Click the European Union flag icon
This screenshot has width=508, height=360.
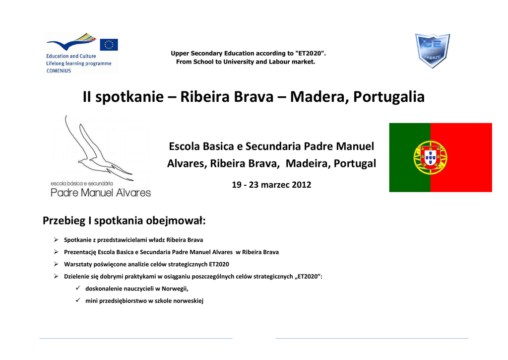109,45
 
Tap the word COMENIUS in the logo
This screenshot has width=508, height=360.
59,71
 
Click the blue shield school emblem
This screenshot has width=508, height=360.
433,51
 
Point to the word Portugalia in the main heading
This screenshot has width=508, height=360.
389,97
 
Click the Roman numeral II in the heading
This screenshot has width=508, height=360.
87,97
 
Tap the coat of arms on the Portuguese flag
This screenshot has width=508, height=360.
430,157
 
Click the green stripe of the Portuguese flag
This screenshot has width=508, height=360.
410,157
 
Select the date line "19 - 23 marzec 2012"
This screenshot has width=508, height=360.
271,185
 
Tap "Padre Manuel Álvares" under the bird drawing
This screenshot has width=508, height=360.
101,193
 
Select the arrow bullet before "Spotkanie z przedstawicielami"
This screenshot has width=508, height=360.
56,240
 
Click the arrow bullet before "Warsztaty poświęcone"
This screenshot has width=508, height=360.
56,264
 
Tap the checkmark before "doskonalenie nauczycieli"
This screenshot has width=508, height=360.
78,288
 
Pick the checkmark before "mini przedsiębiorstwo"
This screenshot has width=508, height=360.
78,300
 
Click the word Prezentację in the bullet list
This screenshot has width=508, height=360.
80,252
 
